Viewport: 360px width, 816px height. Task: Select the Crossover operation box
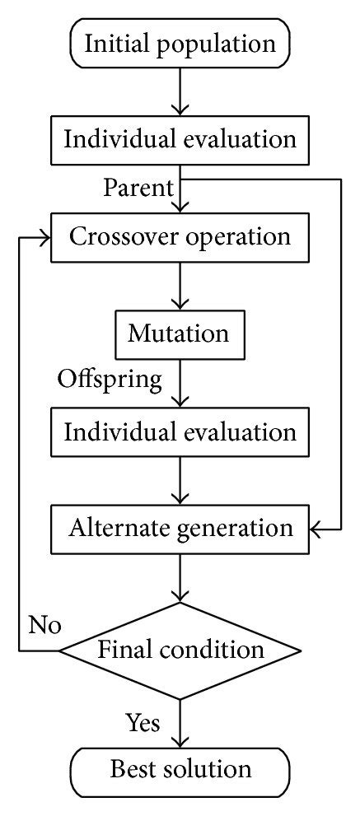pos(180,237)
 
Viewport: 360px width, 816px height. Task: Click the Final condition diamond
pos(180,650)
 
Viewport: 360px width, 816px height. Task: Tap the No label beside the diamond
pos(44,625)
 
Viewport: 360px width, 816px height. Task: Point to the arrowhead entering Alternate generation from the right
pos(316,527)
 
